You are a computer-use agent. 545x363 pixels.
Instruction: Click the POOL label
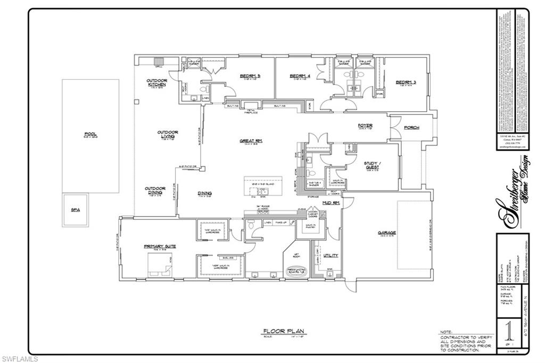(x=90, y=134)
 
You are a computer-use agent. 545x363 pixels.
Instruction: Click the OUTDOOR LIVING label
(x=167, y=134)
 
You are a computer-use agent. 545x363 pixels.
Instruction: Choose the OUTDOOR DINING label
(x=154, y=190)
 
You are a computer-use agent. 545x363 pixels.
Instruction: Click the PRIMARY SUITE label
(x=160, y=246)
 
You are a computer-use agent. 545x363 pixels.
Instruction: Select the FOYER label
(x=365, y=126)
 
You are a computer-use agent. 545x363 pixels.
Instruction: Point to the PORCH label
(x=411, y=128)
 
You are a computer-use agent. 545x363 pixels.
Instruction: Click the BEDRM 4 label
(x=300, y=76)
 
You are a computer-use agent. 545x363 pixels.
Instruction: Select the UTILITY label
(x=331, y=255)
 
